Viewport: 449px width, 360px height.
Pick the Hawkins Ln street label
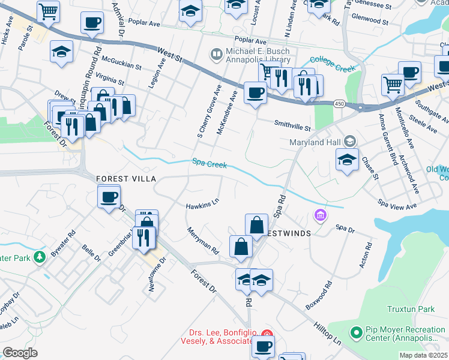point(202,205)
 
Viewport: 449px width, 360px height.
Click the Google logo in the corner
point(20,352)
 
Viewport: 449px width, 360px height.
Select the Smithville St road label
point(292,128)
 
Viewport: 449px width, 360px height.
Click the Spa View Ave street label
point(397,206)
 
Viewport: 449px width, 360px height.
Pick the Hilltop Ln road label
point(328,331)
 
